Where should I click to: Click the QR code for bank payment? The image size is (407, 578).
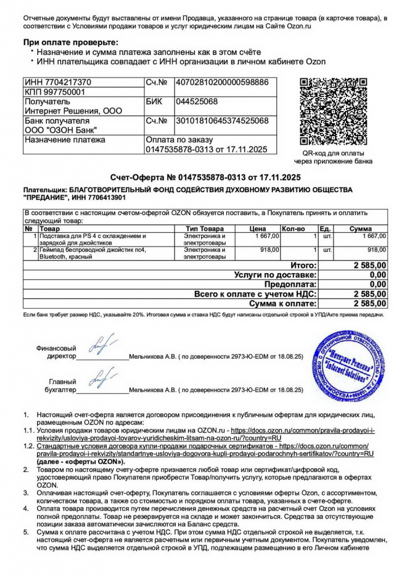335,112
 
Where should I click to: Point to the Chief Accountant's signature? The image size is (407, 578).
101,380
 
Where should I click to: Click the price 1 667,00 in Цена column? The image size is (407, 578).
266,235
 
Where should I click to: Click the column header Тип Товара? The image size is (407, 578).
205,229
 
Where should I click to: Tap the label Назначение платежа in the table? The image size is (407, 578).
64,140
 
